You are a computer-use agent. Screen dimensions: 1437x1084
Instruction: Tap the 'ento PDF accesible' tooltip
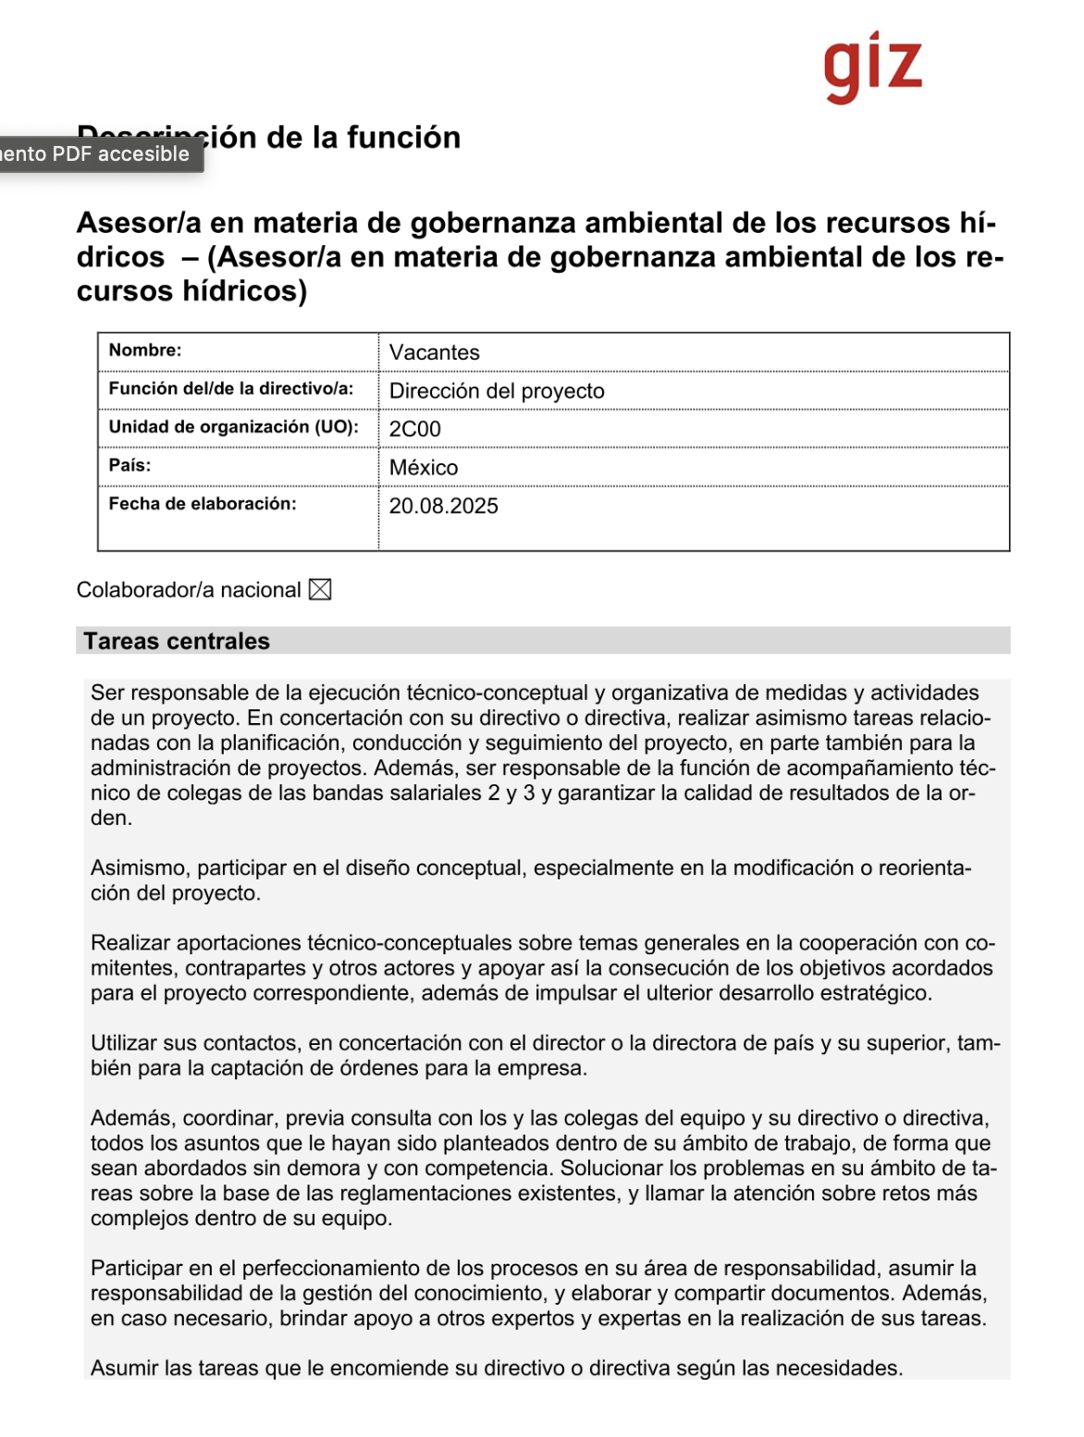[95, 154]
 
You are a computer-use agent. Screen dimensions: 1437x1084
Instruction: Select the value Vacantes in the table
[434, 352]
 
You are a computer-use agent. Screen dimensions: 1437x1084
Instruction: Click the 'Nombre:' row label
[145, 350]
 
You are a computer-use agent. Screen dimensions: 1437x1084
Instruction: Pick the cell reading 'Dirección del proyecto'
[497, 391]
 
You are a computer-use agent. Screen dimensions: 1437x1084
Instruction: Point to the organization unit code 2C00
[414, 429]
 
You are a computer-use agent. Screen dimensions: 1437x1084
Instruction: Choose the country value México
[423, 468]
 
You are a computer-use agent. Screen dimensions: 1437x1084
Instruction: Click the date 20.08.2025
[443, 506]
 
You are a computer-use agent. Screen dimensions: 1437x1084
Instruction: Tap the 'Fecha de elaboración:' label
[203, 504]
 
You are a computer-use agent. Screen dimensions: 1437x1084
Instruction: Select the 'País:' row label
[129, 465]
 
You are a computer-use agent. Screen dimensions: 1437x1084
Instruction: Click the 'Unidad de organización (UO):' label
[233, 427]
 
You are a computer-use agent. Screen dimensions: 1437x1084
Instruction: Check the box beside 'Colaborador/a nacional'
[320, 590]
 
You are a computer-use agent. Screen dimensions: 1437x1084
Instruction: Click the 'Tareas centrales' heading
[177, 642]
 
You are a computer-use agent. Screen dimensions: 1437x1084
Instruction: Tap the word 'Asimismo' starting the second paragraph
[140, 868]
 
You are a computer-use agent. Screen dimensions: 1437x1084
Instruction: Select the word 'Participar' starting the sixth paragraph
[136, 1269]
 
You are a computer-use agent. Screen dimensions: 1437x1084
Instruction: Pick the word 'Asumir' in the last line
[124, 1369]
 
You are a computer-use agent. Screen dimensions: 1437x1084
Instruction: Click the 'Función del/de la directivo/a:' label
[231, 388]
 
